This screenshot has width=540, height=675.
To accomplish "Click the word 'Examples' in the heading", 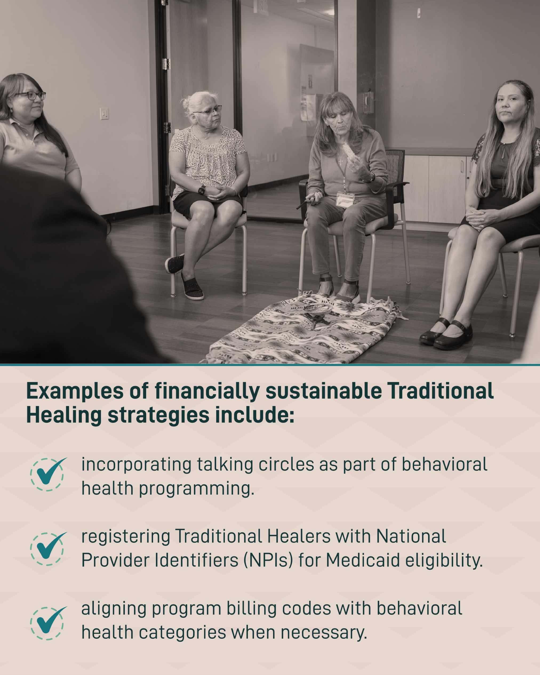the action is pyautogui.click(x=75, y=392).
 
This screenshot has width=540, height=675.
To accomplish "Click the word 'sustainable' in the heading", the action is pyautogui.click(x=323, y=391).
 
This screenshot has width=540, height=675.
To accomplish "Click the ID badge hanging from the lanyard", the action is pyautogui.click(x=345, y=200).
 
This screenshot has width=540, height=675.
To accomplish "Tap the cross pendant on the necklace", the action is pyautogui.click(x=341, y=162).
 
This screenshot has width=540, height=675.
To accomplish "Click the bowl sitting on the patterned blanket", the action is pyautogui.click(x=317, y=309).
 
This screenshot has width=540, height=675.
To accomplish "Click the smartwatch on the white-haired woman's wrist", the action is pyautogui.click(x=202, y=190).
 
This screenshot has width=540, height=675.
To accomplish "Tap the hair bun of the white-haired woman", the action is pyautogui.click(x=186, y=103).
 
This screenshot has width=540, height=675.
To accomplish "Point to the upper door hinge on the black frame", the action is pyautogui.click(x=166, y=64).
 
